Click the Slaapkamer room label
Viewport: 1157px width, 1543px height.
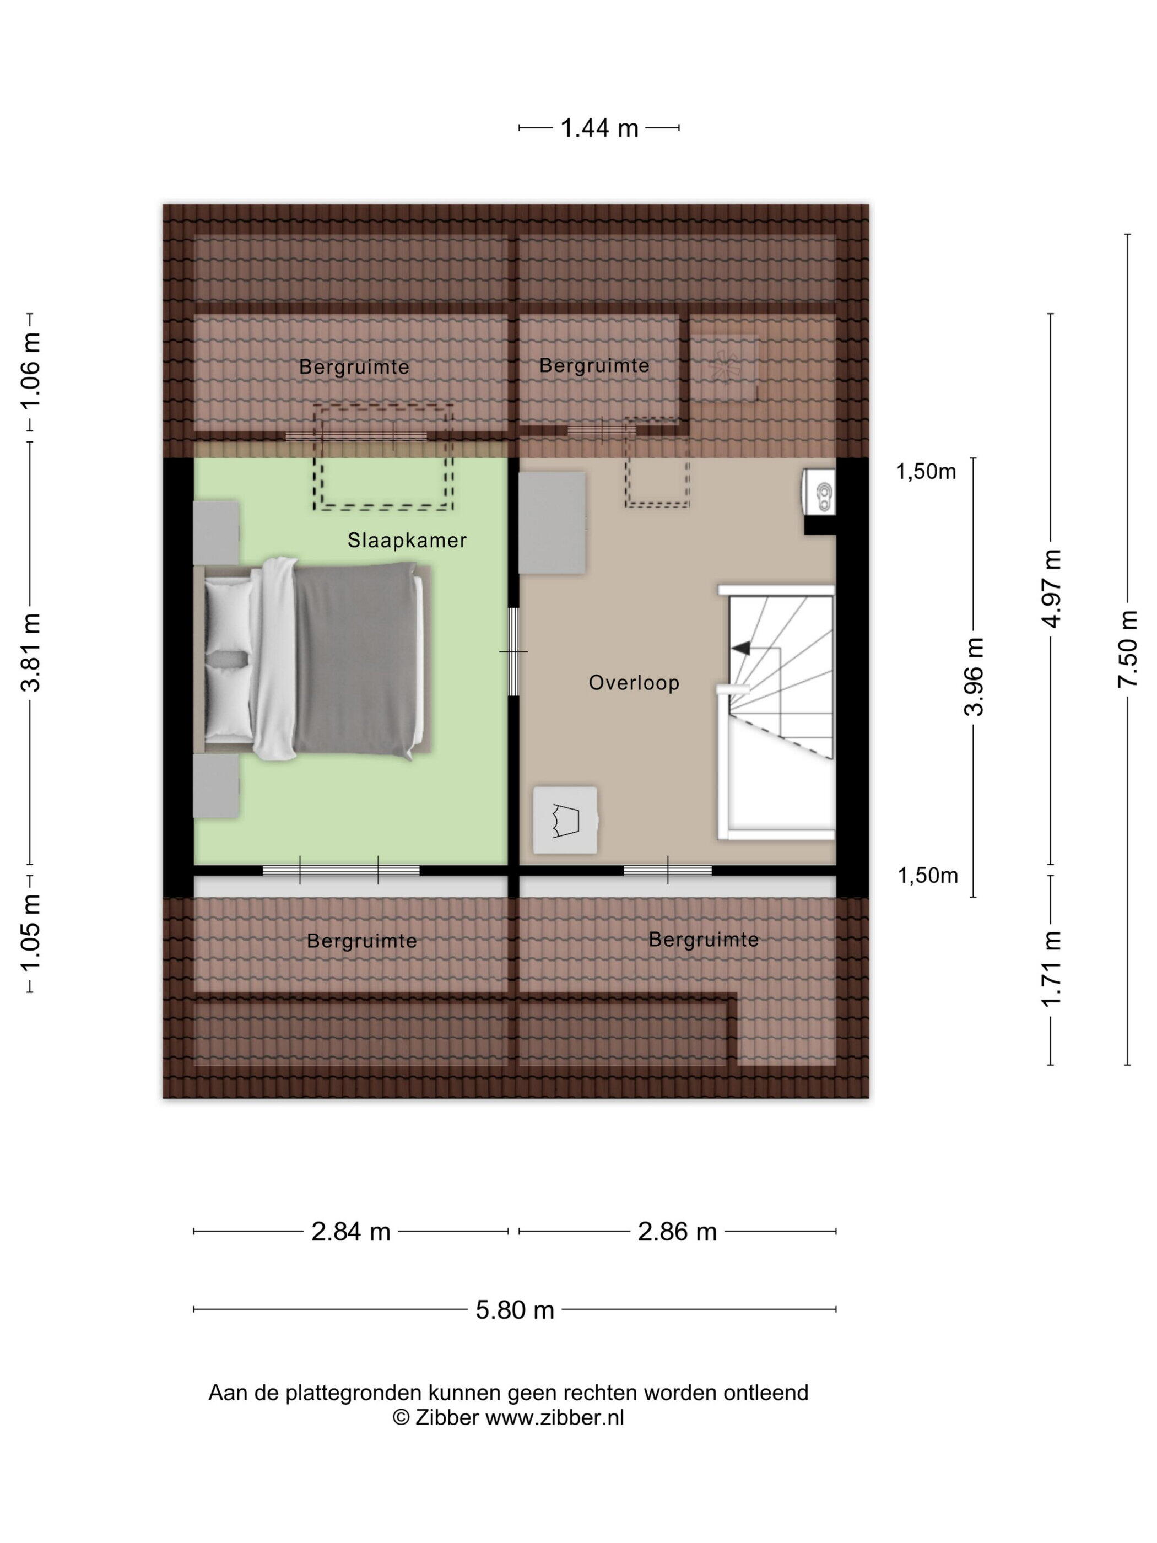tap(407, 541)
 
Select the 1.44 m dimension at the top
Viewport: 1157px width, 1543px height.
tap(599, 128)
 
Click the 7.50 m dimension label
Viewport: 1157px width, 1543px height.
tap(1127, 649)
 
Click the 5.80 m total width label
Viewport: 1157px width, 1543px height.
tap(515, 1310)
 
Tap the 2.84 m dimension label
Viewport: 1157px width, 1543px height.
tap(351, 1232)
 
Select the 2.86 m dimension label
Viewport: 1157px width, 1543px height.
tap(677, 1232)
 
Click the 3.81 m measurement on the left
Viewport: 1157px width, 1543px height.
tap(31, 652)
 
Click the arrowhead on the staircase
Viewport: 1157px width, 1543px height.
tap(740, 648)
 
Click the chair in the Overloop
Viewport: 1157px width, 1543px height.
tap(565, 821)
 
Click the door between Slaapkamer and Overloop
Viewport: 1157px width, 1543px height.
tap(513, 651)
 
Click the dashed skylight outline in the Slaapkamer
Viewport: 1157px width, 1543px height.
tap(383, 457)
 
